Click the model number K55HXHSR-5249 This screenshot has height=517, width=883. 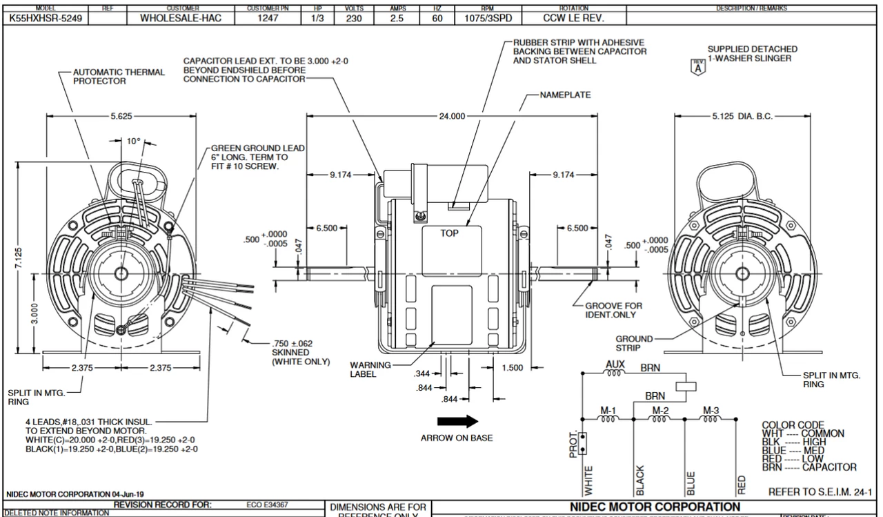coord(46,19)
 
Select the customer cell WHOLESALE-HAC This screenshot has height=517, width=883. coord(181,19)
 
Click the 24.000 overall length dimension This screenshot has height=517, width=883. coord(453,117)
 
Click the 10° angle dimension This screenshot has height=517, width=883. coord(133,141)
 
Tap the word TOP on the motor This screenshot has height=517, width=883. coord(449,233)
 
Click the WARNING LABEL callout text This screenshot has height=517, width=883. coord(371,369)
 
